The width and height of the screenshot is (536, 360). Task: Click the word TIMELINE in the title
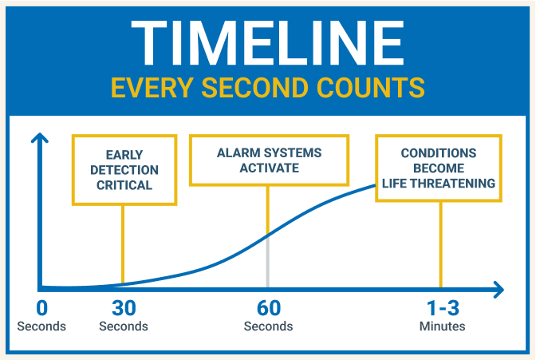pos(267,43)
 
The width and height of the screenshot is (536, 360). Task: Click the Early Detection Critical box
pos(122,168)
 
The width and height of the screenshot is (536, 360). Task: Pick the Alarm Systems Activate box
pos(268,159)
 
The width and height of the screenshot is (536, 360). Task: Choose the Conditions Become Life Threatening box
pos(438,168)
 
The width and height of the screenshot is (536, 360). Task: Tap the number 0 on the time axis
pos(42,309)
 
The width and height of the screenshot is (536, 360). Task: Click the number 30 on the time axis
pos(123,309)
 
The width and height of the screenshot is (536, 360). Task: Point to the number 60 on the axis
pos(268,309)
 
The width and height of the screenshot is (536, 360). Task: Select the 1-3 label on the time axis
pos(442,309)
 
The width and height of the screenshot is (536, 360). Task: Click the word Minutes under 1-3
pos(442,326)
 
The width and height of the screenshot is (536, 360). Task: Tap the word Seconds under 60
pos(268,326)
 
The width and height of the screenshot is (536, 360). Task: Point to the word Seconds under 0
pos(41,326)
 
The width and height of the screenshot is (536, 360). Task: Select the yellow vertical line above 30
pos(123,239)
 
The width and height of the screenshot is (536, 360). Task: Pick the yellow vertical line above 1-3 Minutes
pos(441,243)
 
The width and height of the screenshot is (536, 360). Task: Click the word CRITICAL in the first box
pos(122,186)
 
